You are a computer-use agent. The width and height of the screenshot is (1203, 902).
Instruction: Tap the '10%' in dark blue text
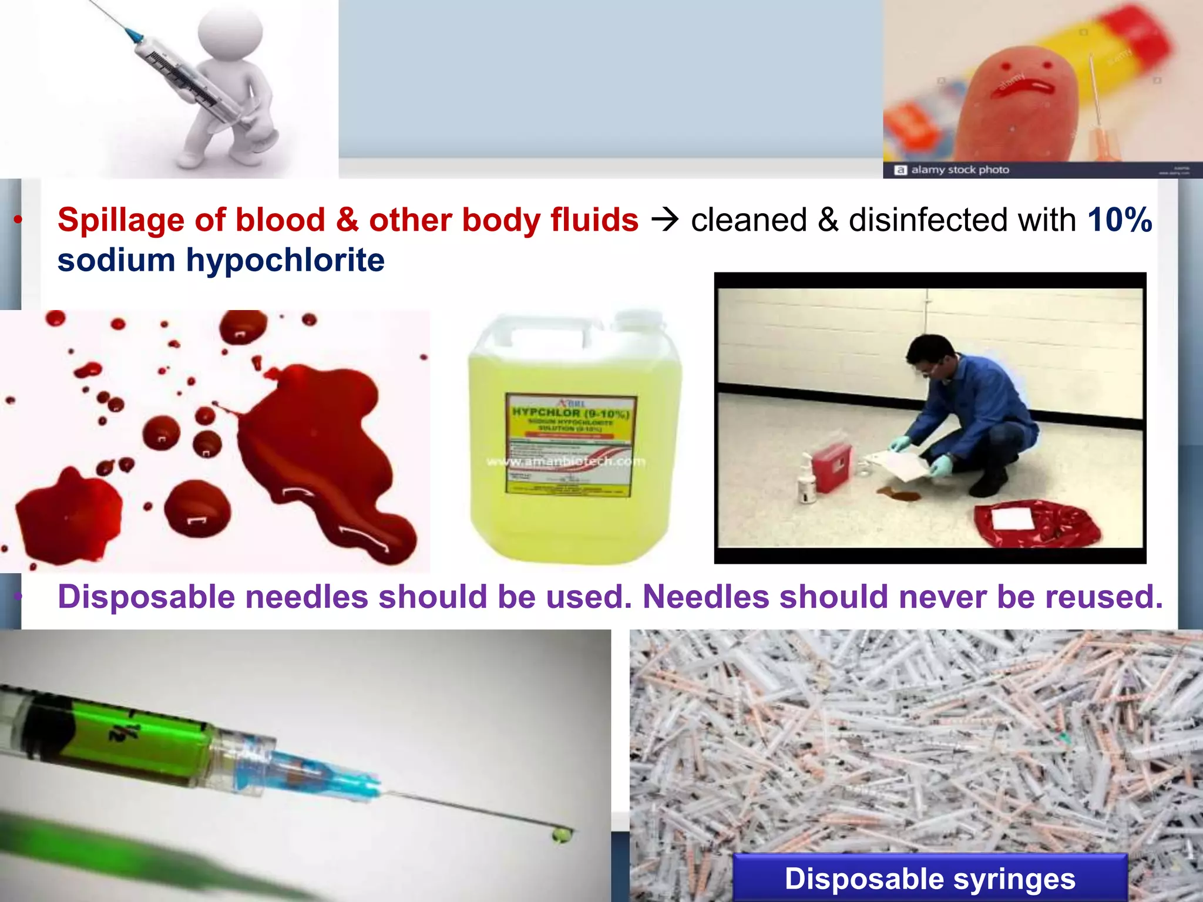[1120, 220]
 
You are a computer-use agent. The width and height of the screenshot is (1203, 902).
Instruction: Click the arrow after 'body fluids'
[665, 220]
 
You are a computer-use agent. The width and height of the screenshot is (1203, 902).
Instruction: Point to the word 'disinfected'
[962, 220]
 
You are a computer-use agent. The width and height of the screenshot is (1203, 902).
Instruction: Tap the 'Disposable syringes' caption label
[930, 879]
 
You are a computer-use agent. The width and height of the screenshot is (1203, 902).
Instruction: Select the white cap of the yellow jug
[637, 320]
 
